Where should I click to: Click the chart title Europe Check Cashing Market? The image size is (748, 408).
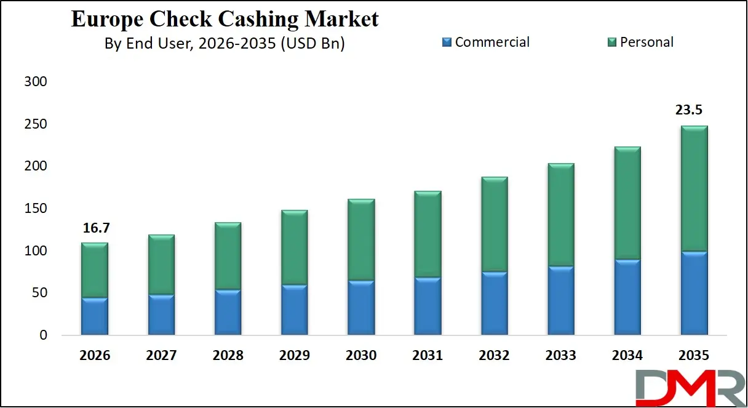tap(225, 18)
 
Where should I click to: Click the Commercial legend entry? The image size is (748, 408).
tap(485, 42)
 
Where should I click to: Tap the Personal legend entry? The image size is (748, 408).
tap(640, 42)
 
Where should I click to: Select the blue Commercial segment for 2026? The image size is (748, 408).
tap(95, 316)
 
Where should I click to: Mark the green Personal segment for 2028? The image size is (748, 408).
tap(228, 256)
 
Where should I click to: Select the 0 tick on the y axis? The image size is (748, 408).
tap(42, 335)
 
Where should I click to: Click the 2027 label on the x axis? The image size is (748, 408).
tap(161, 356)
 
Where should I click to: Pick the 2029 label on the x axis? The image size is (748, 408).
tap(294, 356)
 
